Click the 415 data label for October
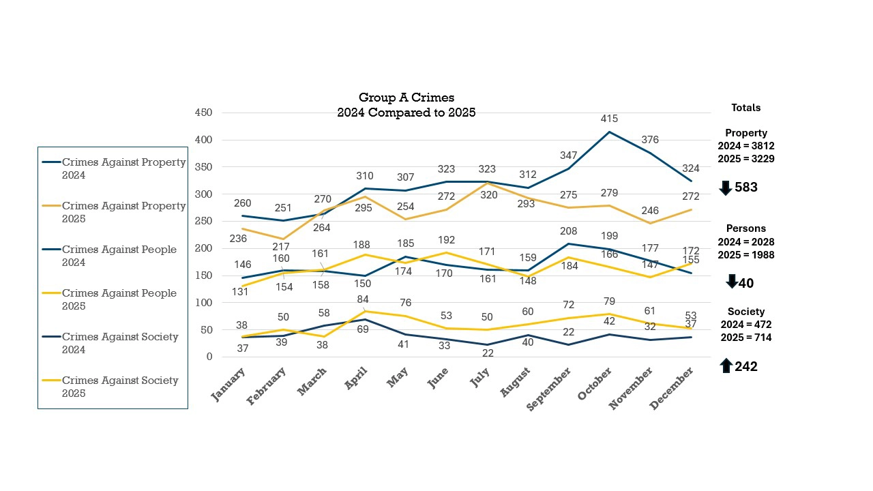point(609,119)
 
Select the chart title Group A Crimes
point(406,98)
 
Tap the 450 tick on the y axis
point(203,113)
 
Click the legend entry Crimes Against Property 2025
point(123,212)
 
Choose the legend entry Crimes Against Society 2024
point(120,343)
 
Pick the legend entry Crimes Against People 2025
point(119,299)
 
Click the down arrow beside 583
point(726,188)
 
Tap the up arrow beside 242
point(726,366)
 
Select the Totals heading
point(745,108)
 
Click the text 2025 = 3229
point(745,158)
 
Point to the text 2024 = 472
point(745,325)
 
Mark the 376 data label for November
point(650,140)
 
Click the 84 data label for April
point(363,300)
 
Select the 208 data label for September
point(568,232)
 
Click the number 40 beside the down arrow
point(746,283)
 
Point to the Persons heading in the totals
point(745,228)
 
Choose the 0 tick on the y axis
point(209,357)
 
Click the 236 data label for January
point(237,239)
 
